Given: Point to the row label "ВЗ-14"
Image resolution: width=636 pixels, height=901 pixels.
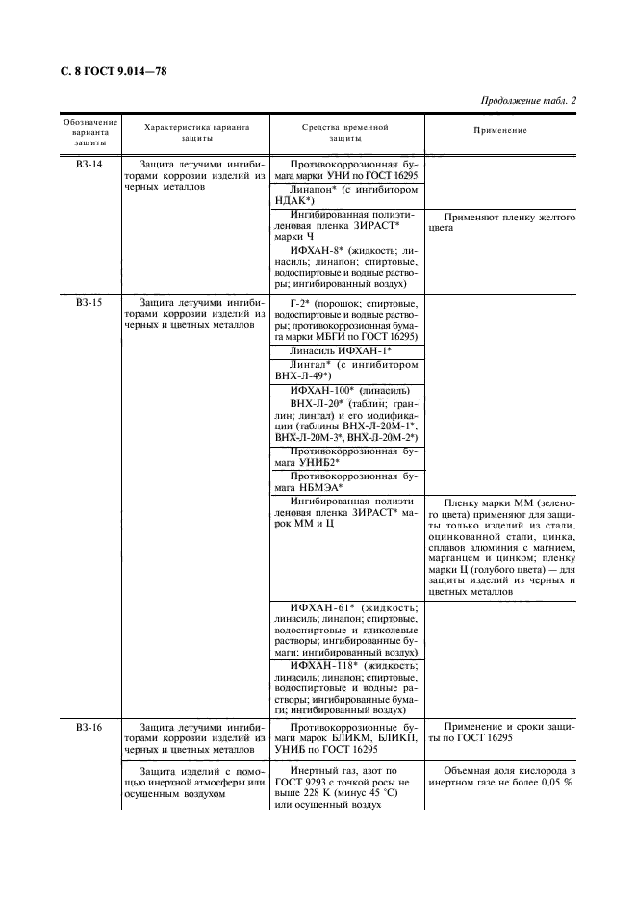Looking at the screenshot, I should (x=89, y=165).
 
